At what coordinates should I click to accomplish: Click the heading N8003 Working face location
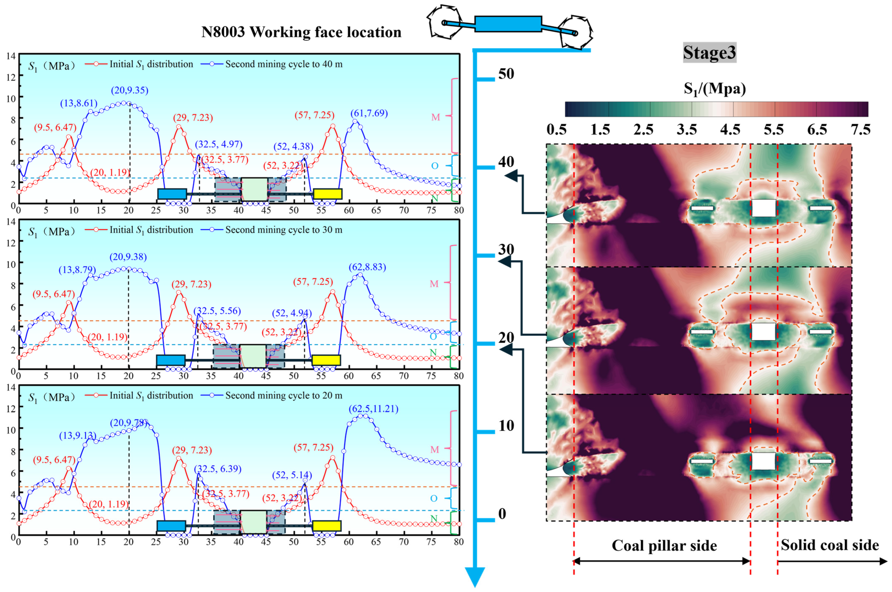click(301, 32)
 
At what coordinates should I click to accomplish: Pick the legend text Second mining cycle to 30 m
click(284, 230)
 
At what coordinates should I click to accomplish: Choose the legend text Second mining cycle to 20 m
click(284, 396)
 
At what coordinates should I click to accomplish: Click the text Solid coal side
click(830, 545)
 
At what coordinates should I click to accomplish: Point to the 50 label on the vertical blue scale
click(506, 74)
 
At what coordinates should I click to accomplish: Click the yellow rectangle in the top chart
click(328, 194)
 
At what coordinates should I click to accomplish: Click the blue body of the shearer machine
click(508, 24)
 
